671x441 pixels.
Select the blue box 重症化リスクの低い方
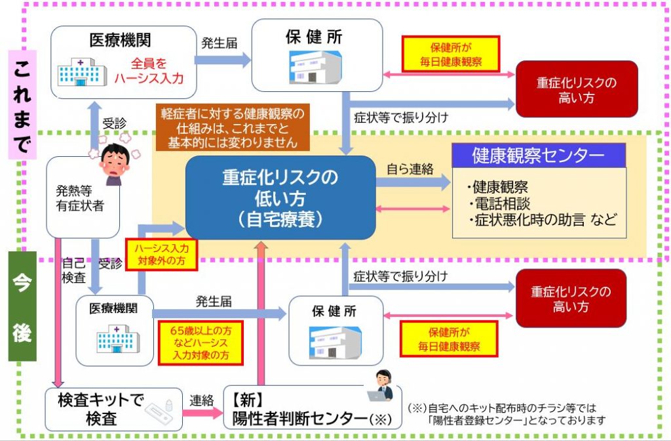pyautogui.click(x=280, y=198)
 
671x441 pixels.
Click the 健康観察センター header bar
pyautogui.click(x=539, y=156)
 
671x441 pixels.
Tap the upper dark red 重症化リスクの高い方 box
pyautogui.click(x=577, y=91)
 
